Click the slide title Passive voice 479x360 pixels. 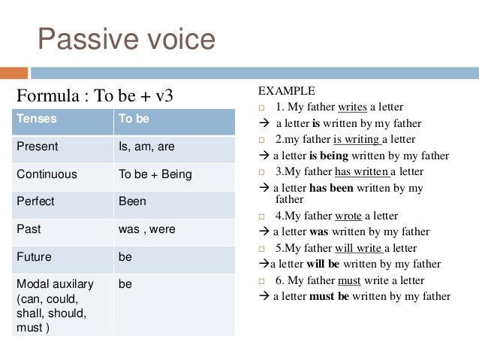click(x=126, y=39)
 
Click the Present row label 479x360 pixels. click(x=37, y=147)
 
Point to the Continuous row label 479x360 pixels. click(x=47, y=174)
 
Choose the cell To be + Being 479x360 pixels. click(x=155, y=174)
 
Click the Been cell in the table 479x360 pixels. click(x=132, y=201)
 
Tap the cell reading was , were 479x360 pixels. click(x=146, y=229)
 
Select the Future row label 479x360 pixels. click(x=34, y=256)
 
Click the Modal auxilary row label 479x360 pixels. click(x=55, y=284)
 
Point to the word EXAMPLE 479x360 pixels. click(x=287, y=91)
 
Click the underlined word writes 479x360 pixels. click(x=352, y=107)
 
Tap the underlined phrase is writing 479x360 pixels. click(x=357, y=139)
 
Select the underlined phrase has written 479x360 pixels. click(x=362, y=171)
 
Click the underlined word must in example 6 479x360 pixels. click(x=349, y=280)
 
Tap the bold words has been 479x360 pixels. click(x=332, y=188)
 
